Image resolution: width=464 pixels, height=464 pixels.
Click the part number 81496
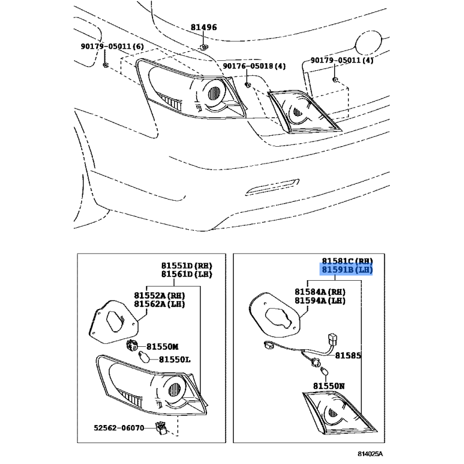(x=204, y=27)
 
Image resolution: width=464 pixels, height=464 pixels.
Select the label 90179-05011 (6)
(x=112, y=46)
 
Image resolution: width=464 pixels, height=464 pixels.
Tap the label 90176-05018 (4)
(x=254, y=66)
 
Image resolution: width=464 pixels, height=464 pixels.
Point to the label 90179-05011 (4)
(x=342, y=60)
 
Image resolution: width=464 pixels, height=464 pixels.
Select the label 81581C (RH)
(x=347, y=261)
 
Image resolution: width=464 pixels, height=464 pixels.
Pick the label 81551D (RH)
(x=187, y=266)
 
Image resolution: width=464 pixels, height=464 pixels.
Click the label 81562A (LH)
(x=159, y=304)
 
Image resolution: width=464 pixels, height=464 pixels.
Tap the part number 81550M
(x=162, y=346)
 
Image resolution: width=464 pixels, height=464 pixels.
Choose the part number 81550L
(x=175, y=360)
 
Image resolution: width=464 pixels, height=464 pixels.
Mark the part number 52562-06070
(x=119, y=428)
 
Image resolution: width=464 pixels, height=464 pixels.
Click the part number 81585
(x=348, y=356)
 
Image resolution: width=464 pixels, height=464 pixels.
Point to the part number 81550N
(x=329, y=386)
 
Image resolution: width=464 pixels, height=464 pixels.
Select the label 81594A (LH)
(x=320, y=300)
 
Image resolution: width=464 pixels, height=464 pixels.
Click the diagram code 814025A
(x=370, y=454)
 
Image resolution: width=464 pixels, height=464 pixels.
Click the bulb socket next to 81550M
(x=132, y=345)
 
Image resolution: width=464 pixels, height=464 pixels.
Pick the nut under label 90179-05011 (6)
(x=106, y=65)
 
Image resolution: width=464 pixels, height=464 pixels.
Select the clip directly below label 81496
(x=204, y=47)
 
